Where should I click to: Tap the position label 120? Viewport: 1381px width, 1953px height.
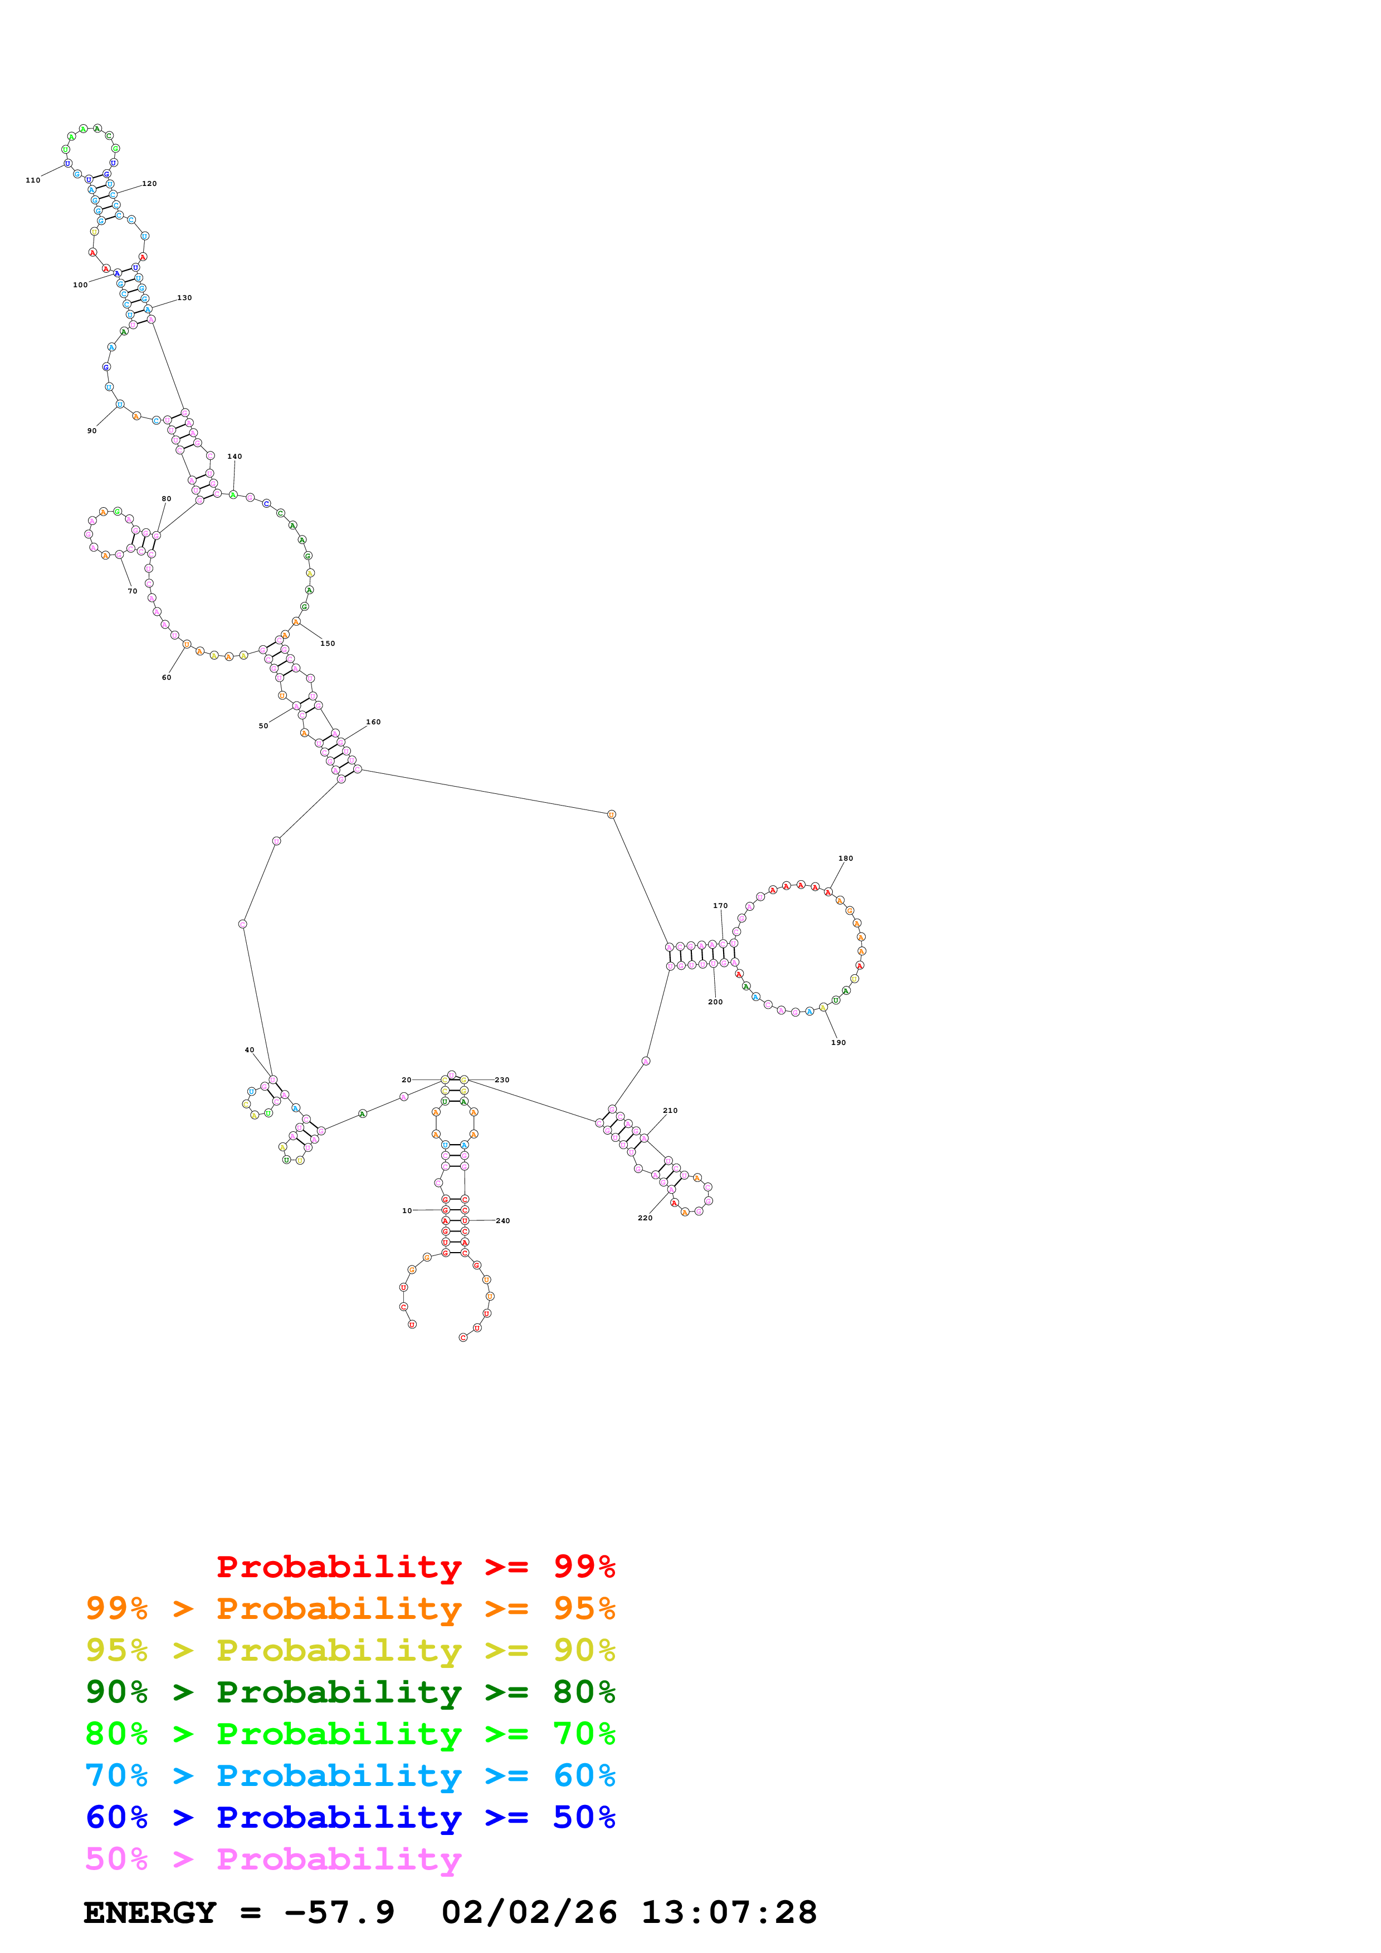(150, 184)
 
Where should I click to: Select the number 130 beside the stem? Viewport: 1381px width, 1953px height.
(184, 298)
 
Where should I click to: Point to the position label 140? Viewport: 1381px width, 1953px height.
(235, 457)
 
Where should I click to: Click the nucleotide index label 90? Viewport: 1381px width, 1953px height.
(92, 431)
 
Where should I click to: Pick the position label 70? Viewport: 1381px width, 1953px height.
(133, 591)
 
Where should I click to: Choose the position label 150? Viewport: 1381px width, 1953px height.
(328, 644)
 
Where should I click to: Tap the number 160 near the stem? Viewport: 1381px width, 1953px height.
(374, 722)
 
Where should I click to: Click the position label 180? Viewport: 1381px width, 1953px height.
(846, 858)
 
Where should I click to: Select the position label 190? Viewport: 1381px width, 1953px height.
(839, 1043)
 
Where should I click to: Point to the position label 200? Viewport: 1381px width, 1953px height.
(716, 1002)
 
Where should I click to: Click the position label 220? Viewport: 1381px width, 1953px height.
(646, 1218)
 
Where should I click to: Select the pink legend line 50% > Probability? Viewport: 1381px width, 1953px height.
(273, 1859)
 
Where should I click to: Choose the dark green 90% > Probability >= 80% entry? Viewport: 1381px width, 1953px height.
(350, 1692)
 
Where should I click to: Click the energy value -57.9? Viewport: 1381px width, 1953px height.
(340, 1913)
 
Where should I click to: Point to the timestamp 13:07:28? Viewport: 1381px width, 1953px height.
(729, 1913)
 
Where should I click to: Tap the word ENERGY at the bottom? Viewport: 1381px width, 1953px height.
(150, 1913)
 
